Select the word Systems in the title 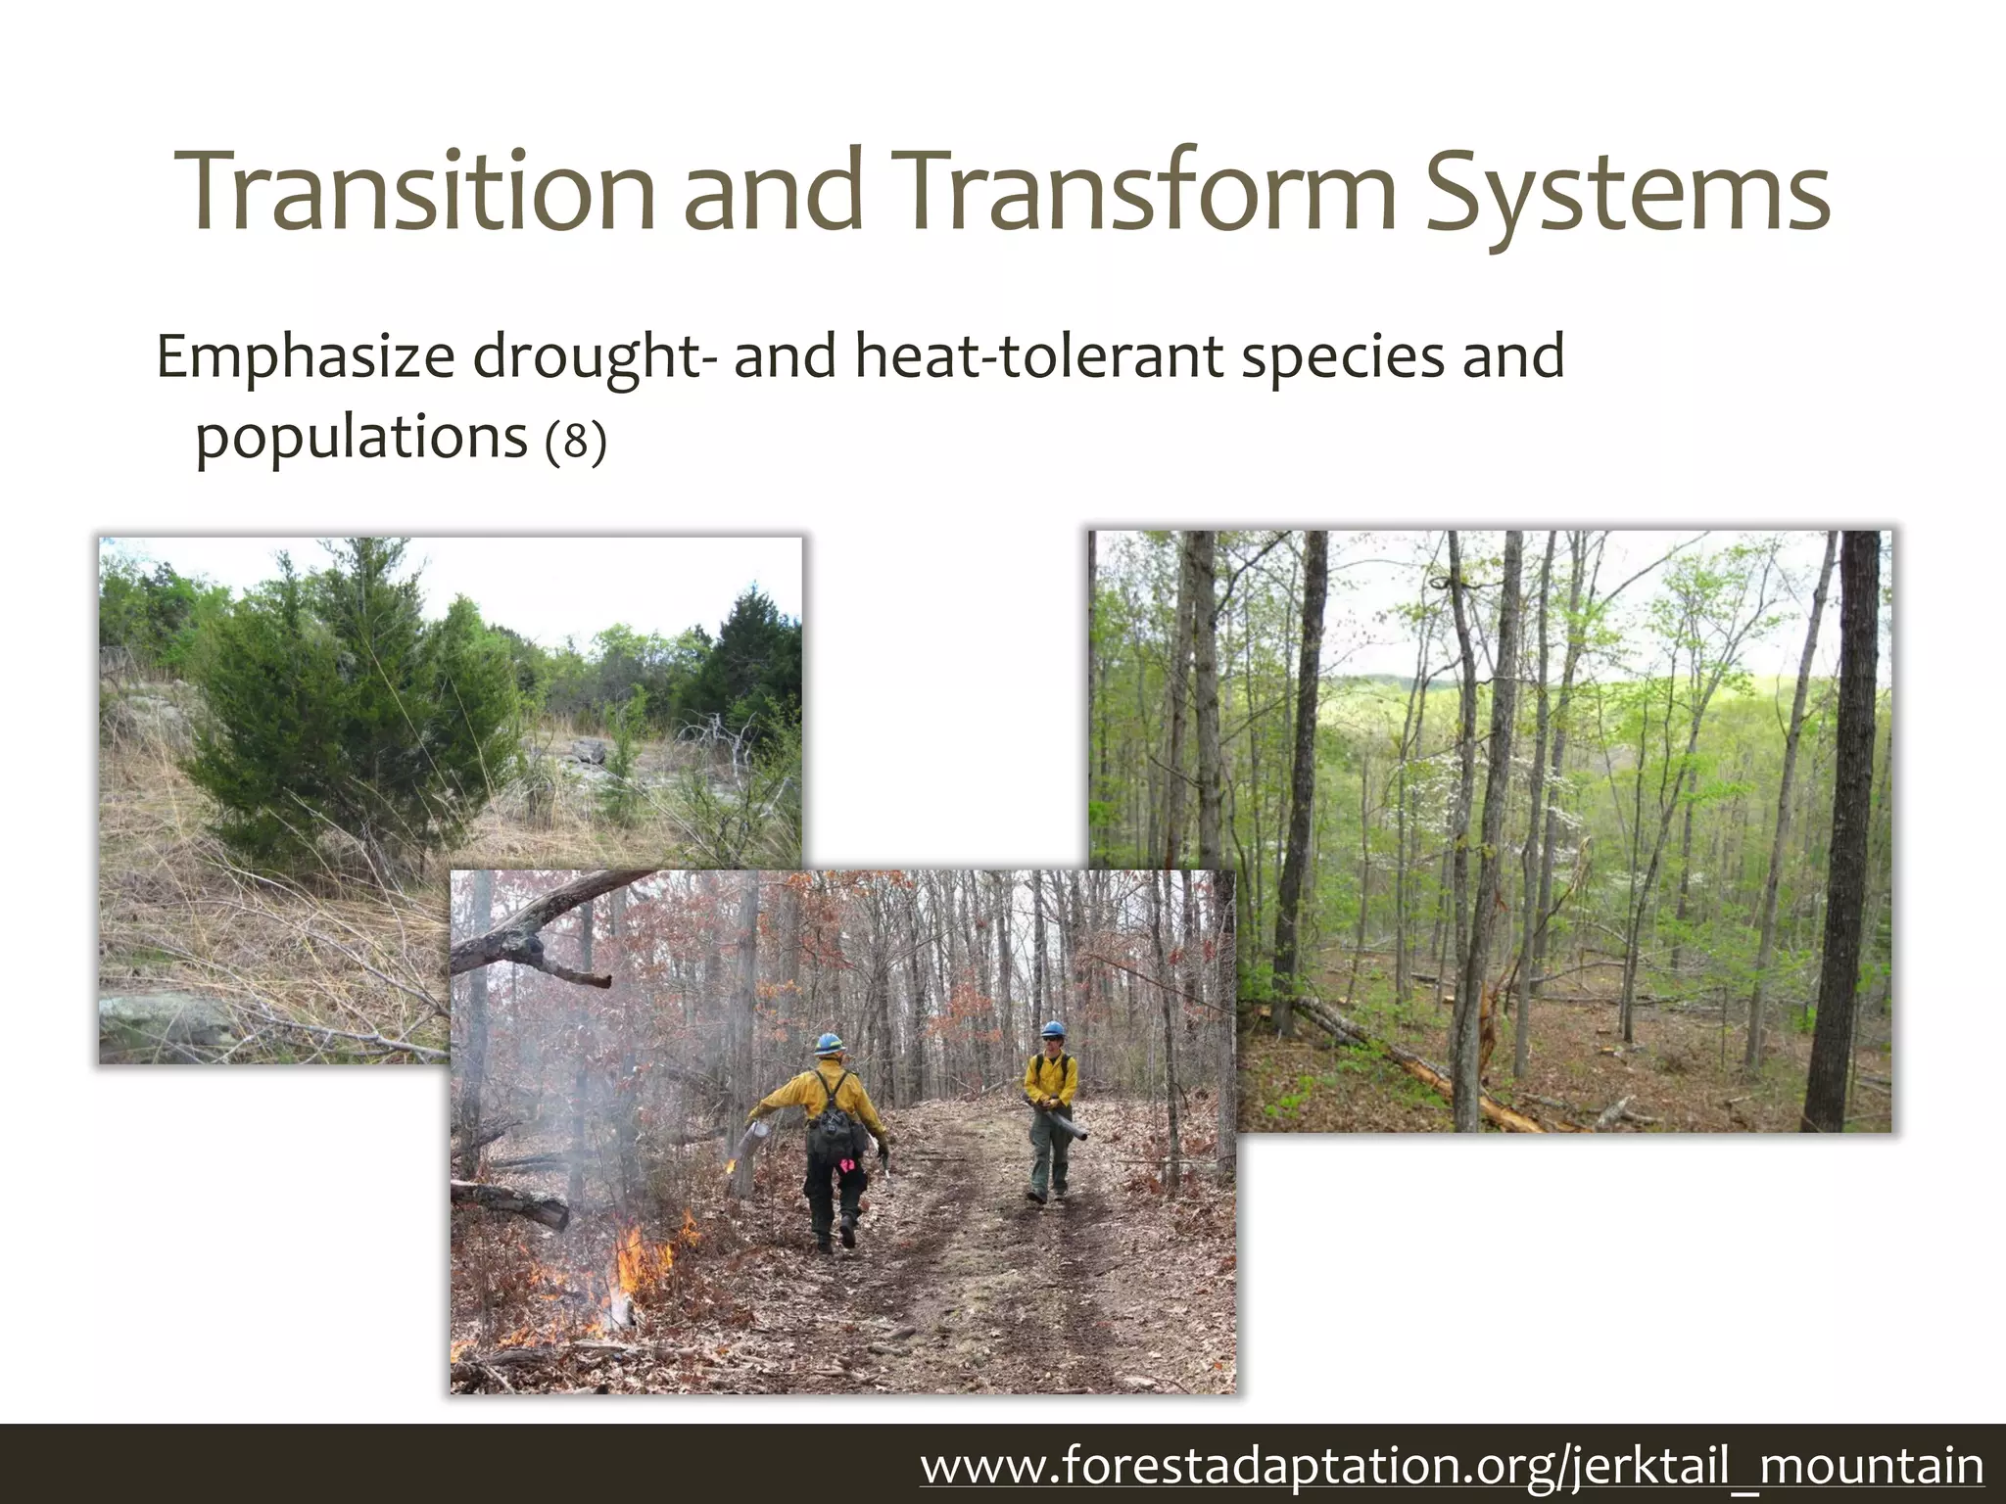pos(1626,194)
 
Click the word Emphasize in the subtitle pos(305,358)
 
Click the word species pos(1342,358)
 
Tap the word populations pos(361,439)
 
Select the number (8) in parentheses pos(576,441)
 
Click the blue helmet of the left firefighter pos(829,1043)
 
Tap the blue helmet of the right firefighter pos(1052,1030)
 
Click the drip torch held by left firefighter pos(753,1141)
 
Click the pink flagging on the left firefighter pos(844,1165)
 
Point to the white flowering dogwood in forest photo pos(1450,774)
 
